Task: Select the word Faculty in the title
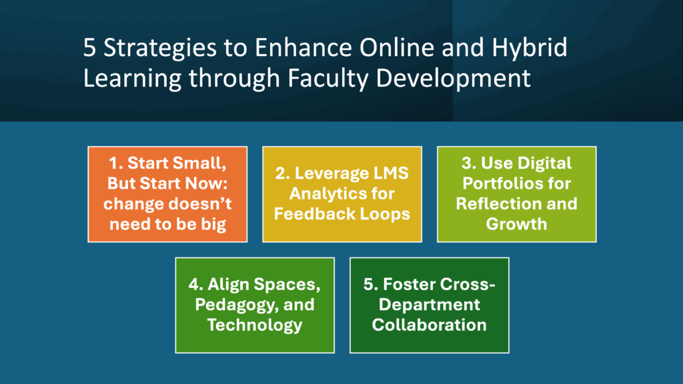point(330,79)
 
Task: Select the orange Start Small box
point(167,193)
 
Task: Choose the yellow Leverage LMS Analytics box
point(342,193)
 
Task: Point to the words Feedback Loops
point(342,214)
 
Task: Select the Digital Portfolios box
point(516,193)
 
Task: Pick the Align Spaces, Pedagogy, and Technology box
point(254,305)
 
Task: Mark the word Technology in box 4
point(254,325)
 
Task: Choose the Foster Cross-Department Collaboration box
point(429,305)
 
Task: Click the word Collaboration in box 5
point(429,325)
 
